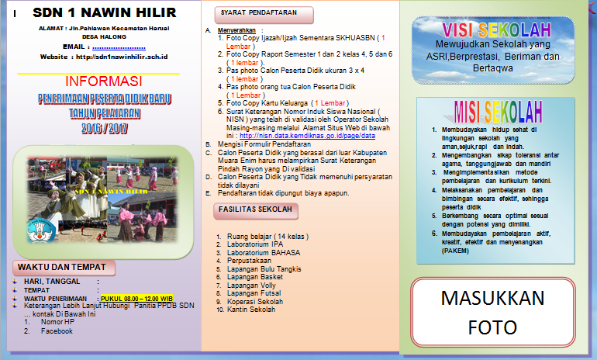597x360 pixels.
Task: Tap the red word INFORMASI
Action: coord(103,81)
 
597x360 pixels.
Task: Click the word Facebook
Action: coord(57,331)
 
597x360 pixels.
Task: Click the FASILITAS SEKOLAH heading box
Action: coord(255,209)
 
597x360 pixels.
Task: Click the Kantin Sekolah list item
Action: coord(251,310)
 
